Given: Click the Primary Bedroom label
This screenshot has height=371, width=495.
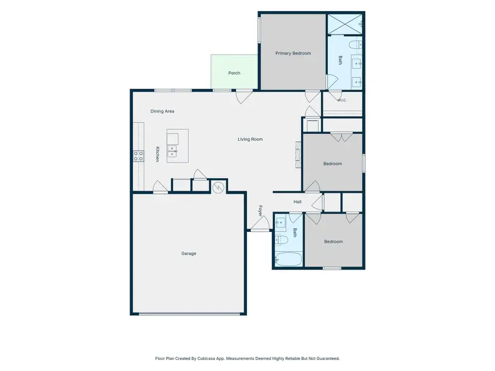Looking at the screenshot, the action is pyautogui.click(x=293, y=53).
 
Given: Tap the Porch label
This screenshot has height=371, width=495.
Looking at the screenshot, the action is pyautogui.click(x=234, y=73).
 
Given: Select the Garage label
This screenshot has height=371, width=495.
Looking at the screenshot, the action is pyautogui.click(x=189, y=253).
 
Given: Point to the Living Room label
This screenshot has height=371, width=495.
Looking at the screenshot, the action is pyautogui.click(x=250, y=139).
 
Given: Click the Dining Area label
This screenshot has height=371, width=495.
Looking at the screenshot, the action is pyautogui.click(x=162, y=111).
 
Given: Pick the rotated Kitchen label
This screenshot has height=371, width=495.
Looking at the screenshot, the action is pyautogui.click(x=157, y=154).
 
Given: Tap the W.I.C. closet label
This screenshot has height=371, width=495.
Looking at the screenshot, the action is pyautogui.click(x=342, y=101).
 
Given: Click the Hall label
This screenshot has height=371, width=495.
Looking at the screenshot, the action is pyautogui.click(x=298, y=202).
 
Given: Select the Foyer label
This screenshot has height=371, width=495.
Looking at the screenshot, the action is pyautogui.click(x=261, y=211).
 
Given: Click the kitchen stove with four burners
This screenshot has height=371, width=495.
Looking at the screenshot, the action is pyautogui.click(x=139, y=156).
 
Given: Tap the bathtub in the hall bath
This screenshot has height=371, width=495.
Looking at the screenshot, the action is pyautogui.click(x=288, y=259).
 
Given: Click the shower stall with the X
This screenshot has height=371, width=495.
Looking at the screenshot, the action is pyautogui.click(x=344, y=24).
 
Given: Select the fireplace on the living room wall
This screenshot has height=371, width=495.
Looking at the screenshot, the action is pyautogui.click(x=298, y=154).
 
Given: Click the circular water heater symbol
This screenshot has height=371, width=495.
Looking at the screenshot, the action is pyautogui.click(x=218, y=187).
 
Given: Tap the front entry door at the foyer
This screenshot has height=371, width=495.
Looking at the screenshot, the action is pyautogui.click(x=260, y=224).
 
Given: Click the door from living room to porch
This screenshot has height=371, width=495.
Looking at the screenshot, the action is pyautogui.click(x=244, y=97).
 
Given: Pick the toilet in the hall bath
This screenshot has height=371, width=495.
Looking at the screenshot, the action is pyautogui.click(x=282, y=240).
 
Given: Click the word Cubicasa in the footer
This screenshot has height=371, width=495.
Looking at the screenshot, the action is pyautogui.click(x=206, y=358).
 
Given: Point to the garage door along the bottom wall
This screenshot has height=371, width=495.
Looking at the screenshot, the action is pyautogui.click(x=189, y=314).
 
